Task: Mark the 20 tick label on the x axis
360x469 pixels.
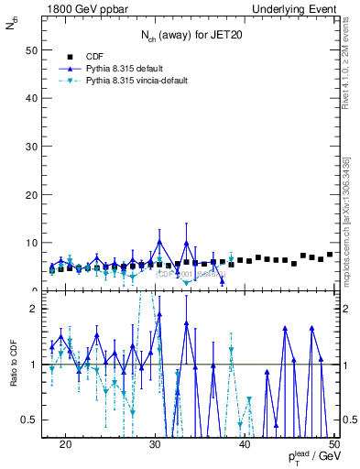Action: (x=65, y=443)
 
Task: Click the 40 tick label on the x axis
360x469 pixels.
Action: (x=245, y=443)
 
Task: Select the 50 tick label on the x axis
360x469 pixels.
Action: (x=334, y=443)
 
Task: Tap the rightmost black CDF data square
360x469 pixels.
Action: (x=330, y=255)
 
